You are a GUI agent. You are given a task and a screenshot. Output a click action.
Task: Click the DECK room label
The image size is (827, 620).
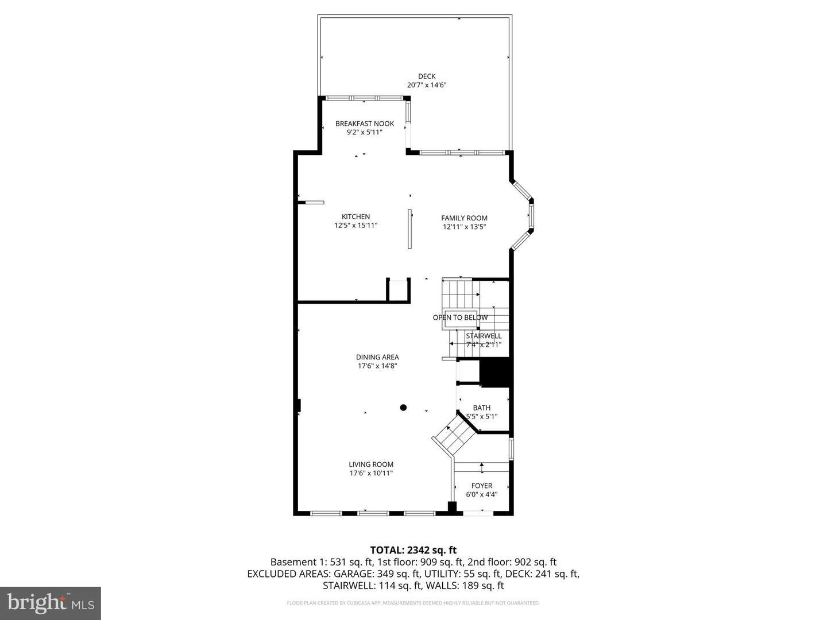pyautogui.click(x=427, y=76)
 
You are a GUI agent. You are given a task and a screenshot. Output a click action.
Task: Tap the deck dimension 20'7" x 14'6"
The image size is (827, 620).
pyautogui.click(x=427, y=85)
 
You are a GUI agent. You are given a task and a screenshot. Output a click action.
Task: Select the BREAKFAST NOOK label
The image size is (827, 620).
pyautogui.click(x=365, y=123)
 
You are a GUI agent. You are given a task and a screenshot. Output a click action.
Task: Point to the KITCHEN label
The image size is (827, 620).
pyautogui.click(x=356, y=216)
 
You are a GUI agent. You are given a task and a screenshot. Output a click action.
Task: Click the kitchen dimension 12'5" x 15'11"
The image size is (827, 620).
pyautogui.click(x=356, y=226)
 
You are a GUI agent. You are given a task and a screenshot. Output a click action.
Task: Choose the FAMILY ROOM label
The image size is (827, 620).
pyautogui.click(x=464, y=218)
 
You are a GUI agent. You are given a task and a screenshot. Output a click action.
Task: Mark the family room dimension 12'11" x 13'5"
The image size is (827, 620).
pyautogui.click(x=464, y=227)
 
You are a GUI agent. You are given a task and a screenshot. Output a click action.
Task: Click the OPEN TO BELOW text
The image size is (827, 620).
pyautogui.click(x=460, y=317)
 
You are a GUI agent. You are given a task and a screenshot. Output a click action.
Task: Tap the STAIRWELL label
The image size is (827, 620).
pyautogui.click(x=484, y=336)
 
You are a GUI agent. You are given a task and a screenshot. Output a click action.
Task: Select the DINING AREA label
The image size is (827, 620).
pyautogui.click(x=377, y=357)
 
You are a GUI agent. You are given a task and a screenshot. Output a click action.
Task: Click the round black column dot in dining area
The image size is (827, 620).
pyautogui.click(x=403, y=408)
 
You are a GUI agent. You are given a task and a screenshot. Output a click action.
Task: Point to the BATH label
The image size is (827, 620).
pyautogui.click(x=482, y=408)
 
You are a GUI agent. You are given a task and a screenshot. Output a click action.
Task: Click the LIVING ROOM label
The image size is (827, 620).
pyautogui.click(x=371, y=464)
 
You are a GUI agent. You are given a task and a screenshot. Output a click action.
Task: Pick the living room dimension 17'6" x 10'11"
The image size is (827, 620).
pyautogui.click(x=371, y=474)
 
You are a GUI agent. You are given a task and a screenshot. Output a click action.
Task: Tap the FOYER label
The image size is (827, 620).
pyautogui.click(x=482, y=486)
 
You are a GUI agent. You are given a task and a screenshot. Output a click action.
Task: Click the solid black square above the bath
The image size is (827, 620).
pyautogui.click(x=495, y=373)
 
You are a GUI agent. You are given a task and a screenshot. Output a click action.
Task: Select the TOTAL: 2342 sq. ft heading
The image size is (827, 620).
pyautogui.click(x=413, y=550)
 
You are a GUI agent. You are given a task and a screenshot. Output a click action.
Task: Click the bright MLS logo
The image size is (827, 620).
pyautogui.click(x=51, y=603)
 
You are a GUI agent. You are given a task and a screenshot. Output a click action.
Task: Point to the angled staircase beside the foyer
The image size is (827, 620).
pyautogui.click(x=454, y=435)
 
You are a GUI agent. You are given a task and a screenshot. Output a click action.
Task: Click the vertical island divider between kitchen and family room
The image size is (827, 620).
pyautogui.click(x=409, y=229)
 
